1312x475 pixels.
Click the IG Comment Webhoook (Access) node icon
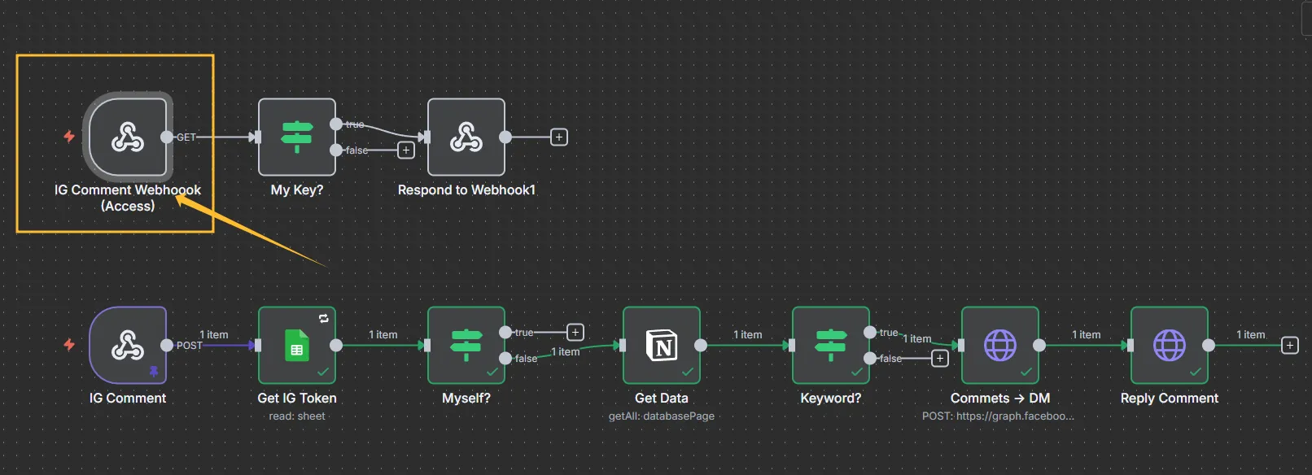[128, 137]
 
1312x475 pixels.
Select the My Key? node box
[296, 137]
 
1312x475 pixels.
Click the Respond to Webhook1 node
[466, 137]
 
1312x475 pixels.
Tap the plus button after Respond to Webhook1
[559, 137]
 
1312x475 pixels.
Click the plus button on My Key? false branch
[405, 150]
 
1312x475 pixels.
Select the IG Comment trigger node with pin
[128, 345]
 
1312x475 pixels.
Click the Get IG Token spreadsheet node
[296, 345]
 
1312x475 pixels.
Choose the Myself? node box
[466, 345]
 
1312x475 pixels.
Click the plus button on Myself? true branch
[575, 332]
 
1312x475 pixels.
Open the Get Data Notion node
[661, 345]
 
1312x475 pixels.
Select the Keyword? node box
[830, 345]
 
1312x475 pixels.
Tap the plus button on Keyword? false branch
[940, 358]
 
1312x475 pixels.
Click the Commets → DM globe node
[999, 345]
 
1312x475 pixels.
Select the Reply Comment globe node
[1169, 345]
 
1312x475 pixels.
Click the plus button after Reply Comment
[1290, 345]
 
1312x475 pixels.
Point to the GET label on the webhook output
[186, 137]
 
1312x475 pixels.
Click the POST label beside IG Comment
[190, 345]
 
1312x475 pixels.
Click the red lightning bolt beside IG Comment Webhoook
[69, 136]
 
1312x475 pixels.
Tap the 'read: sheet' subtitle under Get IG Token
[296, 416]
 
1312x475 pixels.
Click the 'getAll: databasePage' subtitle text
[661, 416]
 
